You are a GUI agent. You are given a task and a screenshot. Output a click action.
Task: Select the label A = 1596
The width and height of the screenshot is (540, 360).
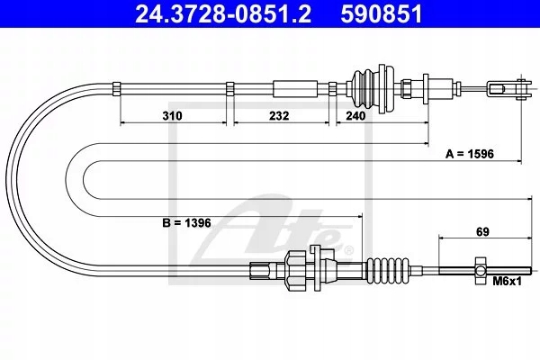point(470,154)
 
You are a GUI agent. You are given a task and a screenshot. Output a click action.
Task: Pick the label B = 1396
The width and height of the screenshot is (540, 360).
point(187,220)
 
